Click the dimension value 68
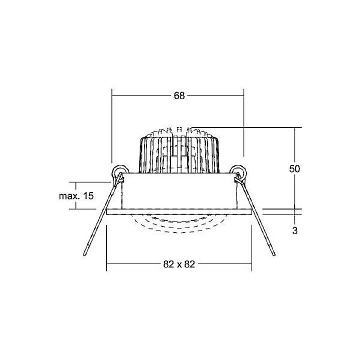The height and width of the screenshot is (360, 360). (x=179, y=96)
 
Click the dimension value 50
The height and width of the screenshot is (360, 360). (x=294, y=168)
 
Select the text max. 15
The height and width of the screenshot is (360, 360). (x=76, y=196)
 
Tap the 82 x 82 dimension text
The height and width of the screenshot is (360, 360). (x=179, y=264)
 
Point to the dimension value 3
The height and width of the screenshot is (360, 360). (x=294, y=230)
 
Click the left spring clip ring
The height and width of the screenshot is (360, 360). (x=118, y=171)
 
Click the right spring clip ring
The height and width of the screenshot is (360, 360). (x=238, y=171)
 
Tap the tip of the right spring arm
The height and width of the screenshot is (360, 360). (x=273, y=255)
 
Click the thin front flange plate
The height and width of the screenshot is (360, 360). (x=179, y=211)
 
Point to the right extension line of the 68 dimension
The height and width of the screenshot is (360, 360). (x=243, y=125)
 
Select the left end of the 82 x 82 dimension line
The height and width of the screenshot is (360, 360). (x=108, y=264)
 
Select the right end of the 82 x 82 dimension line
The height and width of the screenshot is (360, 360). (x=251, y=264)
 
